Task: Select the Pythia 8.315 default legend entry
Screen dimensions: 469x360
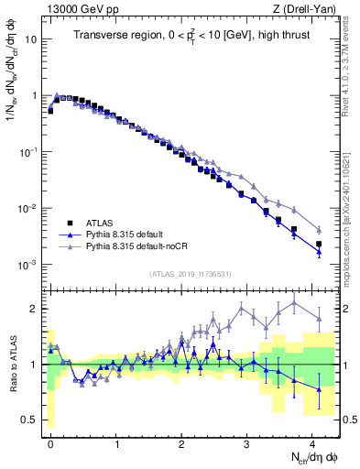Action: point(122,234)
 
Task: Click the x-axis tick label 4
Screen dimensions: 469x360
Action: point(312,442)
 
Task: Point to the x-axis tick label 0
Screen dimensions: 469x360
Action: point(50,442)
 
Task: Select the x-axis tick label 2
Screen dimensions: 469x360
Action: point(181,442)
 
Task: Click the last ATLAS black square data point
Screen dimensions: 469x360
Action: point(319,245)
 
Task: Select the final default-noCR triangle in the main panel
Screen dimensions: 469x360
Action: point(319,229)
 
